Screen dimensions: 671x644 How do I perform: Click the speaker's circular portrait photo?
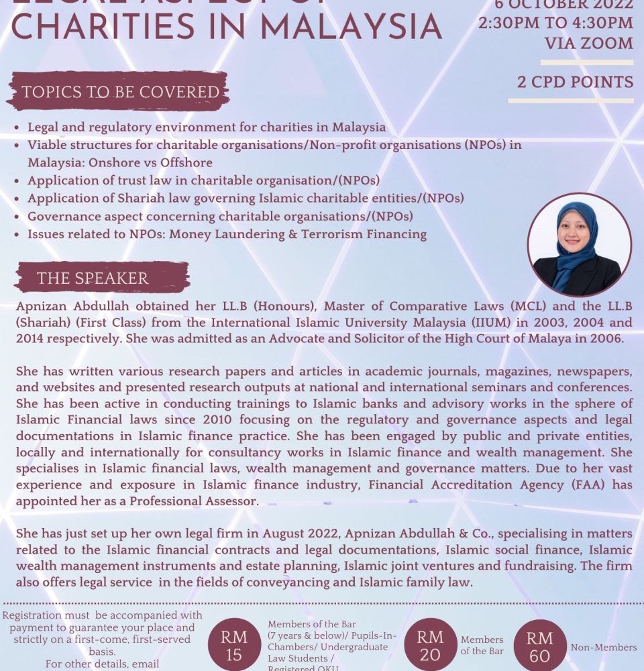coord(579,244)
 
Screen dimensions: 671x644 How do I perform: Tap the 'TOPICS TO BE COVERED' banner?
coord(119,92)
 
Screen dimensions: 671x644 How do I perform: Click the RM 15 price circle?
coord(233,646)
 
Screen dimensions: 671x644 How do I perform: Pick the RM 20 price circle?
coord(429,646)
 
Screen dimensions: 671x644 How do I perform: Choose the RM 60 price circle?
coord(539,647)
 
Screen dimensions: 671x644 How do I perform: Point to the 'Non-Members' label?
coord(603,648)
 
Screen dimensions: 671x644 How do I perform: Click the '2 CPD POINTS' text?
coord(575,82)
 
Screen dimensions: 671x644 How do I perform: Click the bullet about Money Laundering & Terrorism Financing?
coord(227,234)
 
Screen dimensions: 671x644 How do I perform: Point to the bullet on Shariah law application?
coord(246,198)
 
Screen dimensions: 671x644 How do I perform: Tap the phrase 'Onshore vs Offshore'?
coord(120,162)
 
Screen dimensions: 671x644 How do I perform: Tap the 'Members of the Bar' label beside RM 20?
coord(482,646)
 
